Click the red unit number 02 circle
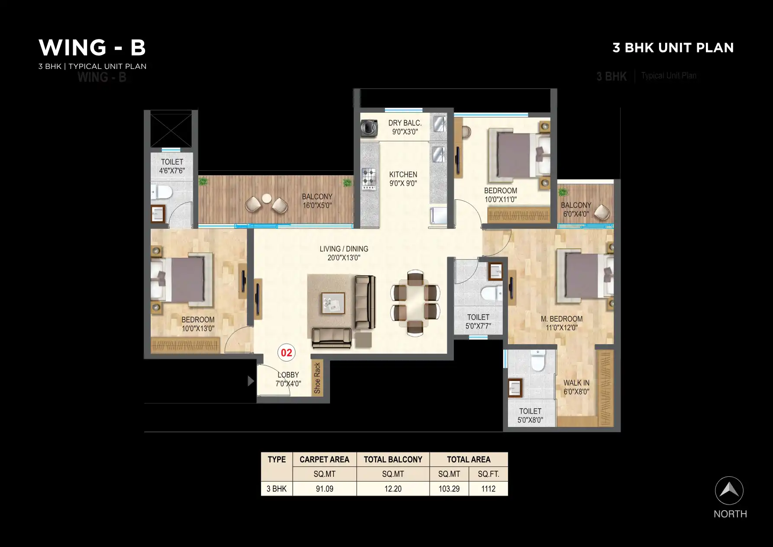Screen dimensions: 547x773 coord(286,353)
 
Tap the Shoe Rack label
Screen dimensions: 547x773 coord(317,378)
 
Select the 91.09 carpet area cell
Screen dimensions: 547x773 coord(324,488)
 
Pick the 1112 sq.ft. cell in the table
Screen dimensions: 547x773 coord(488,488)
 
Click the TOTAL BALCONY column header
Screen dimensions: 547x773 coord(393,459)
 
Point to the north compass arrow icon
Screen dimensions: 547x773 coord(729,491)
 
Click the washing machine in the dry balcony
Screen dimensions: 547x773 coord(369,127)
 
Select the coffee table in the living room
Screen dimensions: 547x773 coord(333,303)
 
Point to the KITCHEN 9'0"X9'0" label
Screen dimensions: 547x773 coord(403,179)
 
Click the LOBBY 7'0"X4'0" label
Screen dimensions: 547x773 coord(288,379)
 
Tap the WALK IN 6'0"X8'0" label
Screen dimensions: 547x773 coord(576,387)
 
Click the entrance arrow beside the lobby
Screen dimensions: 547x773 coord(250,381)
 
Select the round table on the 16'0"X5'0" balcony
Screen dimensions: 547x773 coord(267,199)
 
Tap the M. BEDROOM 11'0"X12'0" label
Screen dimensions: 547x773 coord(562,323)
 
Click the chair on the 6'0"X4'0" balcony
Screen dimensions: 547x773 coord(602,212)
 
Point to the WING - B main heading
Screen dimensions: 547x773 coord(92,47)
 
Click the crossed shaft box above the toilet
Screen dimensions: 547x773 coord(171,130)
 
